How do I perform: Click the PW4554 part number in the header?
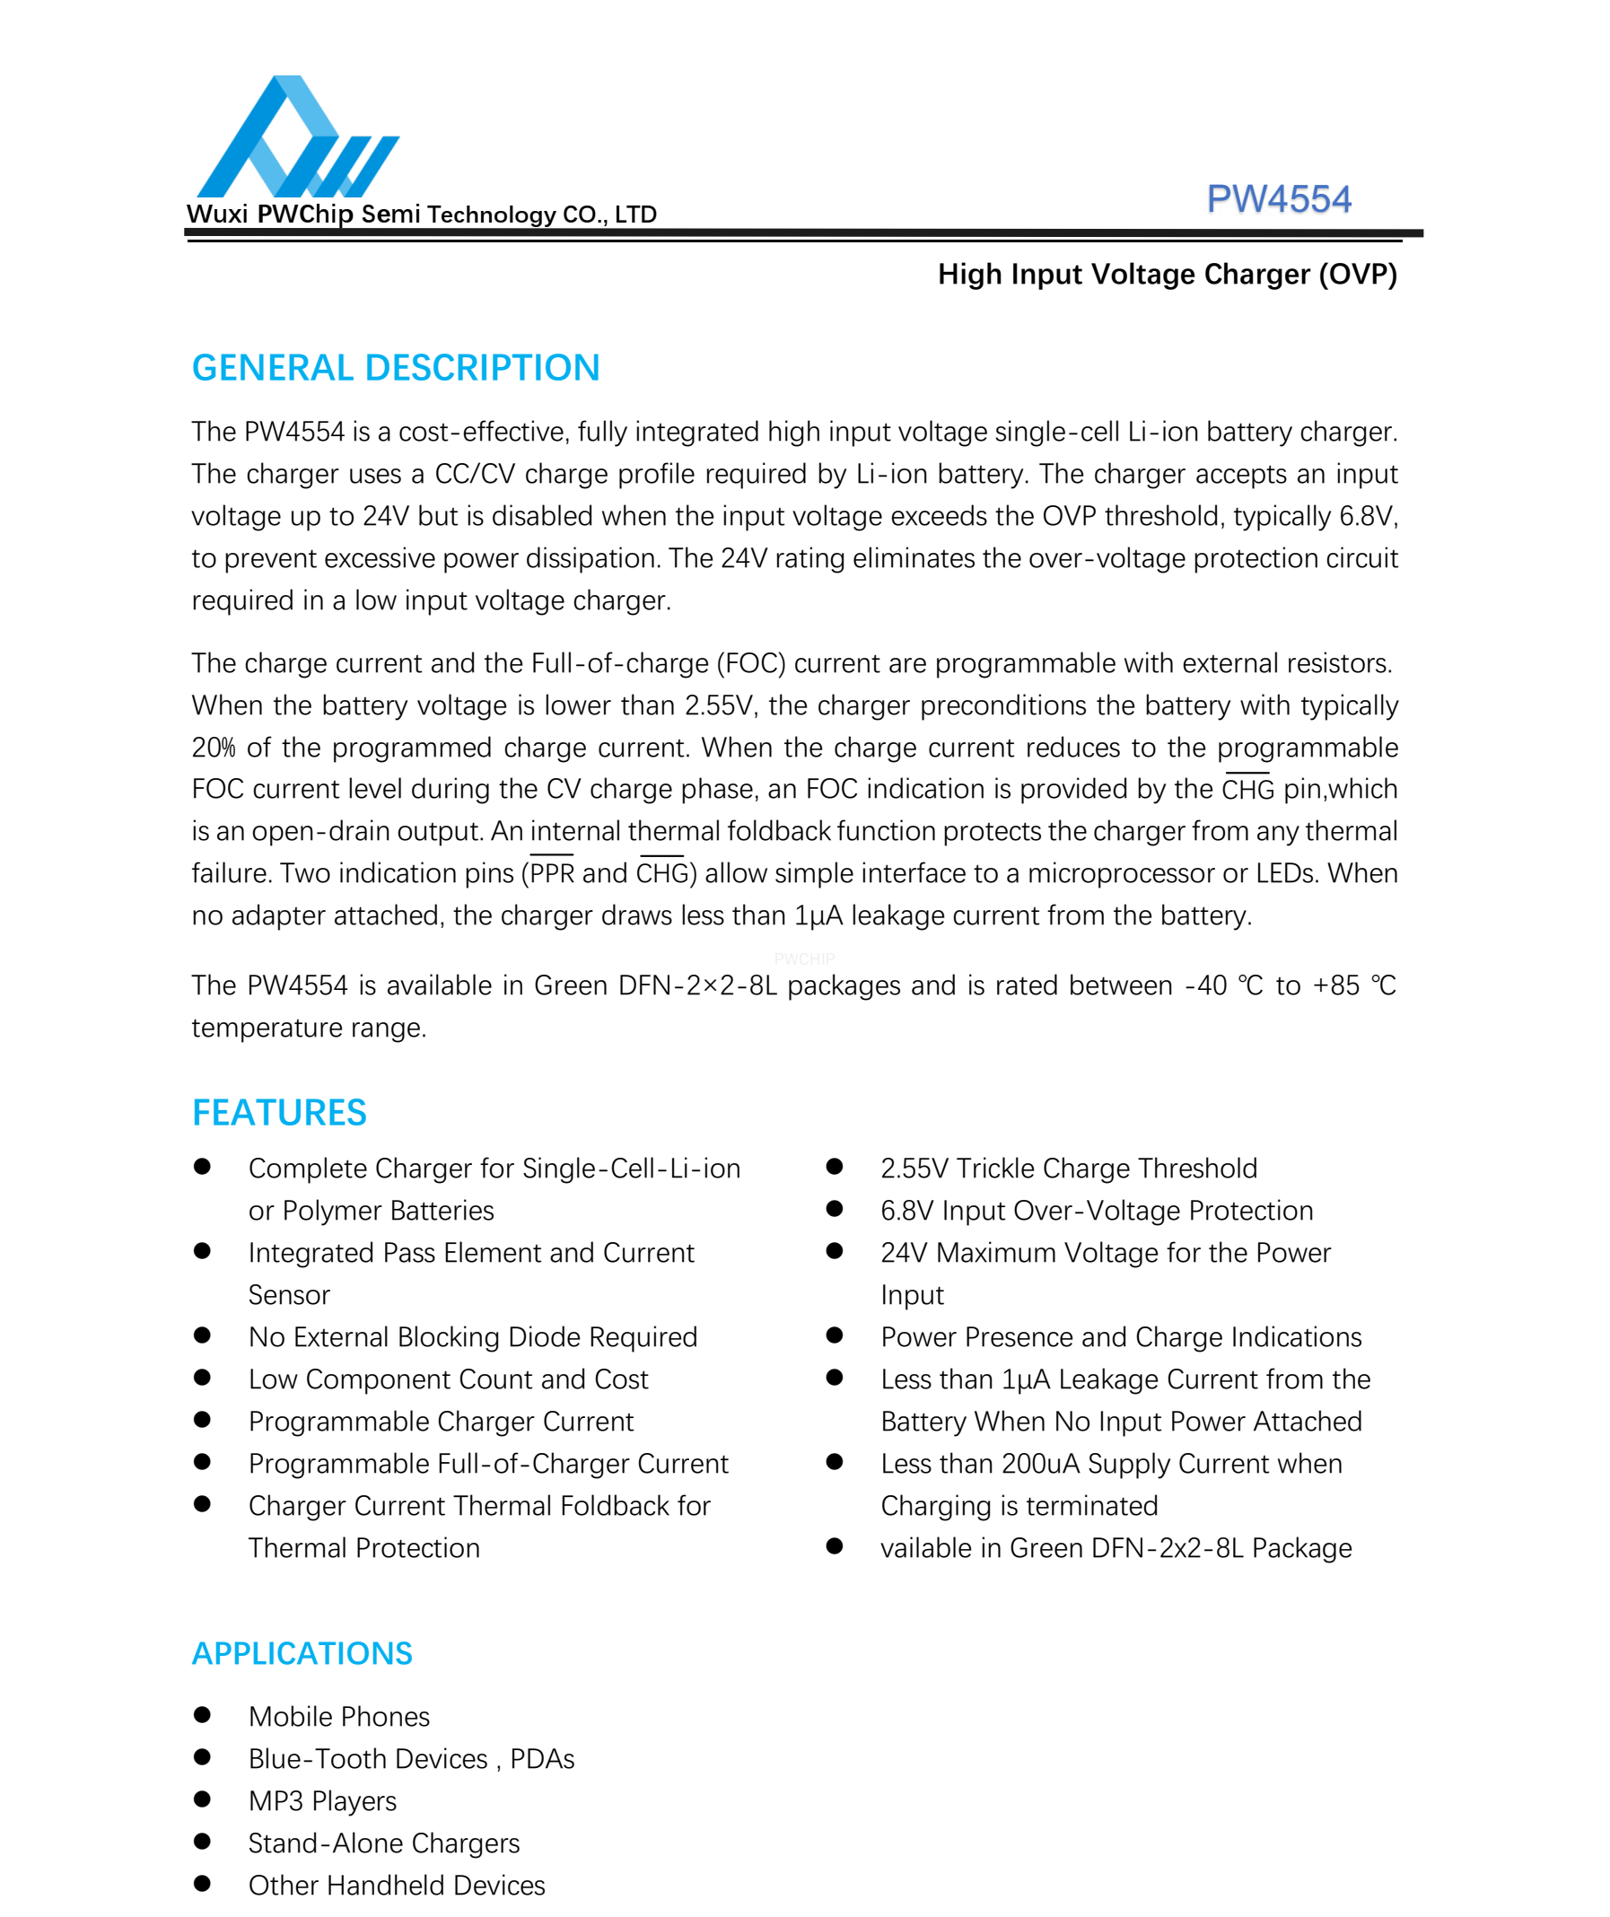pyautogui.click(x=1278, y=199)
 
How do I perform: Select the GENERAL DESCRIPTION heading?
pyautogui.click(x=395, y=368)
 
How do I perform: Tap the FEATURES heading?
pyautogui.click(x=278, y=1113)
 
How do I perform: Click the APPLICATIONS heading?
pyautogui.click(x=302, y=1653)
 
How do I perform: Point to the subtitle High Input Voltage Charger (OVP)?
pyautogui.click(x=1167, y=274)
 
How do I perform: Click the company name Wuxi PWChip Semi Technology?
pyautogui.click(x=421, y=214)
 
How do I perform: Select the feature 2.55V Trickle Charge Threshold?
pyautogui.click(x=1068, y=1169)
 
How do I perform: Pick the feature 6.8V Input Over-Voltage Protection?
pyautogui.click(x=1096, y=1211)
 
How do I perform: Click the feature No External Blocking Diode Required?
pyautogui.click(x=472, y=1337)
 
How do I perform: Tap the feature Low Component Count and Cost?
pyautogui.click(x=447, y=1379)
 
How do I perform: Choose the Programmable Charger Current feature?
pyautogui.click(x=440, y=1422)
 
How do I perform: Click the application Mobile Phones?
pyautogui.click(x=338, y=1717)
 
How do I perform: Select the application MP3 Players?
pyautogui.click(x=322, y=1801)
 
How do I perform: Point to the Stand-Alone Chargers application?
pyautogui.click(x=383, y=1843)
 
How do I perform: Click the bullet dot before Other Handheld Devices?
pyautogui.click(x=203, y=1884)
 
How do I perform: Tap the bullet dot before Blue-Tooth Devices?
pyautogui.click(x=203, y=1757)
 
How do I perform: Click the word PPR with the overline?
pyautogui.click(x=552, y=873)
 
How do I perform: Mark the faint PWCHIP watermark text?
pyautogui.click(x=804, y=959)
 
